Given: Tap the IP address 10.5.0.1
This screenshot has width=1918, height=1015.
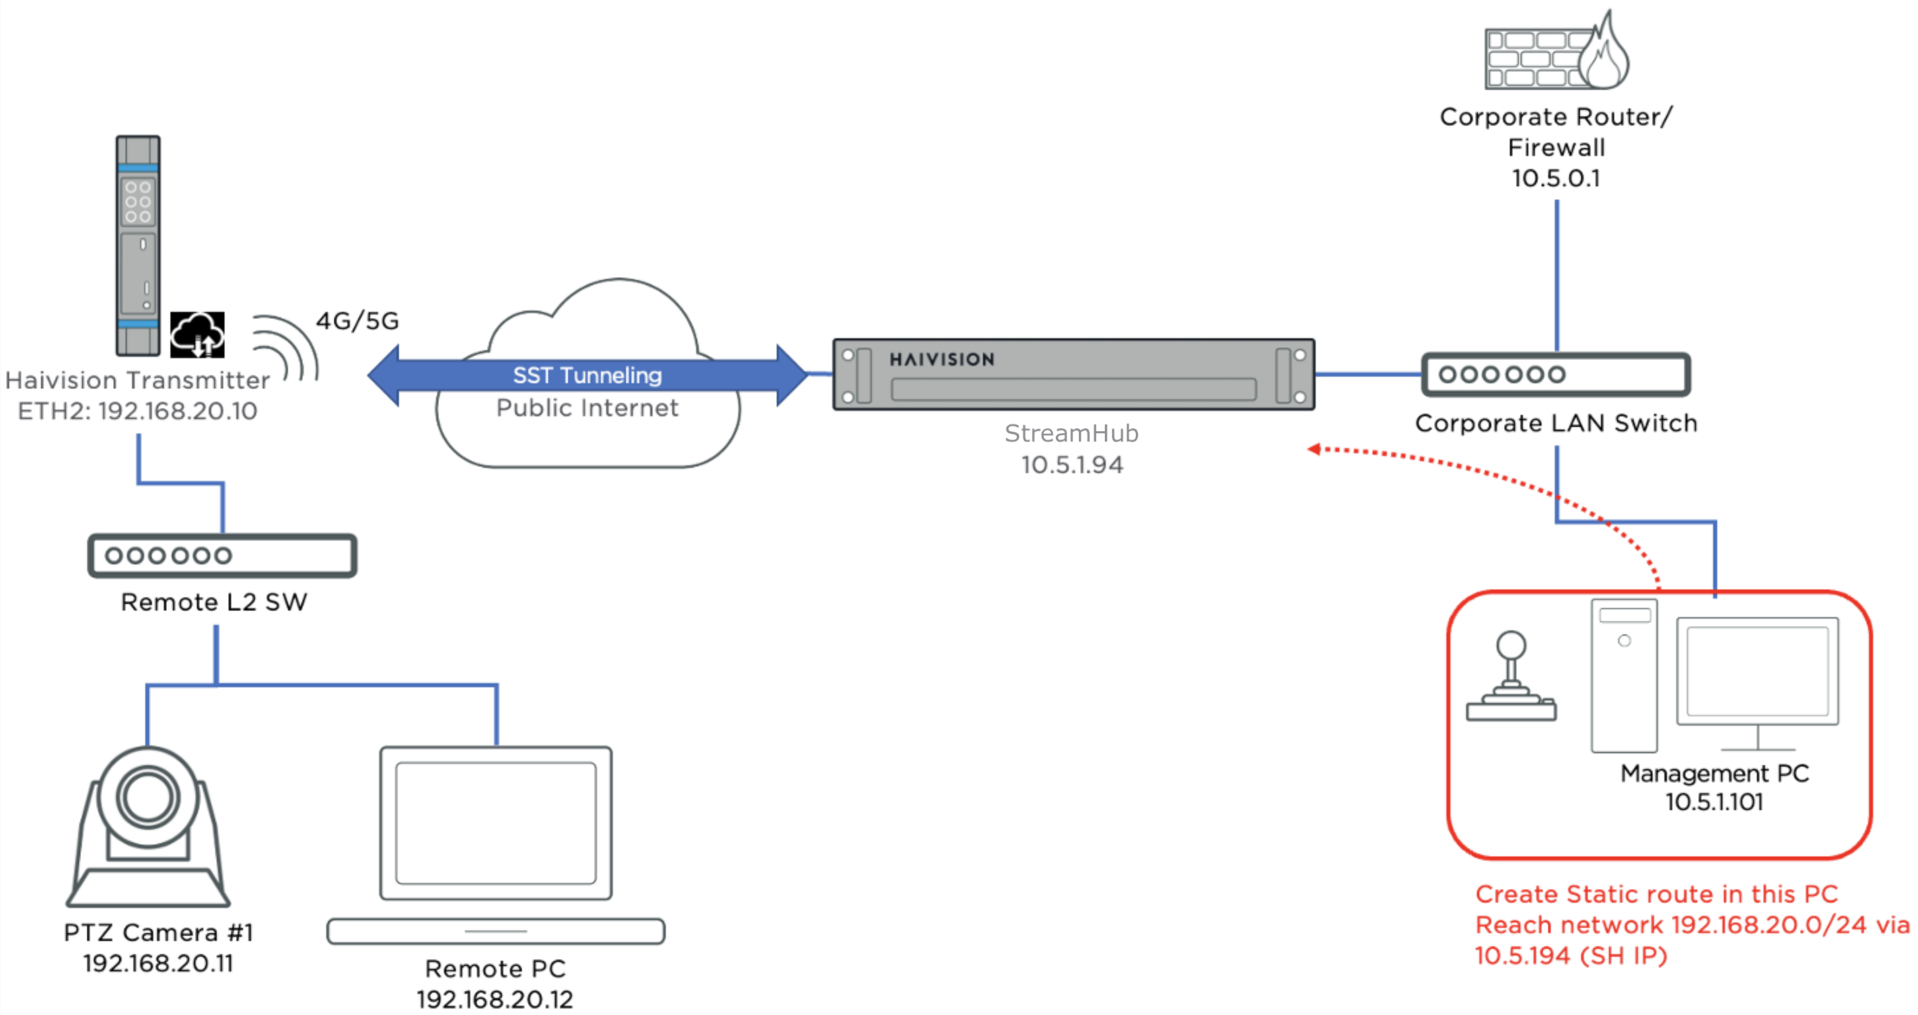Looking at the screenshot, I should pyautogui.click(x=1555, y=178).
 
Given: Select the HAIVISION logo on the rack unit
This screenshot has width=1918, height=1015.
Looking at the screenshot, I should pyautogui.click(x=942, y=359).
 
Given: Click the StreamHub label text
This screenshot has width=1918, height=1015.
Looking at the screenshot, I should pyautogui.click(x=1071, y=433).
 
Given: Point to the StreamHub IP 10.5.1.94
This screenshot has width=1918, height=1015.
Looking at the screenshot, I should pyautogui.click(x=1071, y=465).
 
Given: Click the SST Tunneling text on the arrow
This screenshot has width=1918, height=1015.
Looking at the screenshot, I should pyautogui.click(x=586, y=375).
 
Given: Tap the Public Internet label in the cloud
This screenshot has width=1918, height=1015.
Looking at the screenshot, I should pyautogui.click(x=586, y=408).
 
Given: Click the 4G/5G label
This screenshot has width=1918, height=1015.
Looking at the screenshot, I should pyautogui.click(x=357, y=321).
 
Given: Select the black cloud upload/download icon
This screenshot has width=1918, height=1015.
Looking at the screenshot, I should pyautogui.click(x=197, y=334).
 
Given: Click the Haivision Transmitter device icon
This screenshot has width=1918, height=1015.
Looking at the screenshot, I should pyautogui.click(x=139, y=246).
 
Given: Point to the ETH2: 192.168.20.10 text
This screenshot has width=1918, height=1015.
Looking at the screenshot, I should pyautogui.click(x=138, y=411).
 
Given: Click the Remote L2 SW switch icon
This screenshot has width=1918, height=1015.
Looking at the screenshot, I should pyautogui.click(x=222, y=556).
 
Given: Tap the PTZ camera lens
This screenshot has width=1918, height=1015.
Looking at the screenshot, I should pyautogui.click(x=147, y=797).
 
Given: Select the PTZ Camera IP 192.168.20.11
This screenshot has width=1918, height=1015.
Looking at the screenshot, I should pyautogui.click(x=158, y=963).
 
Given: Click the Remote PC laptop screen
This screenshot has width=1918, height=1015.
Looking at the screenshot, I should pyautogui.click(x=496, y=822).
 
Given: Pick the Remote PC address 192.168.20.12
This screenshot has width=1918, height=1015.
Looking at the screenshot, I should pyautogui.click(x=495, y=999).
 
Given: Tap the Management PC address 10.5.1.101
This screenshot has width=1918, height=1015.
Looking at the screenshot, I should pyautogui.click(x=1714, y=803).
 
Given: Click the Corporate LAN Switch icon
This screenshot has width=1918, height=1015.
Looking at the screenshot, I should pyautogui.click(x=1556, y=375).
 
